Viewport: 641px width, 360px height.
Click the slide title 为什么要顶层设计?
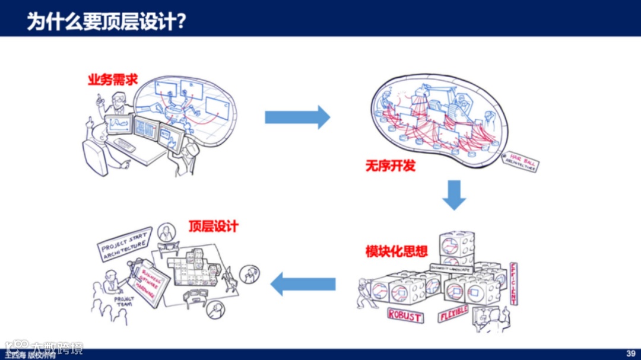point(107,21)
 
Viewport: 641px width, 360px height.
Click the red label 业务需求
point(113,79)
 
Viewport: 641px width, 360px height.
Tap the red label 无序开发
point(390,165)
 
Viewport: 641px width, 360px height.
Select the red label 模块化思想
point(396,251)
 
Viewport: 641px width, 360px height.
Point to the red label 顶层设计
point(213,226)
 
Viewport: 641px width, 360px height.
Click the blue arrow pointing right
point(297,117)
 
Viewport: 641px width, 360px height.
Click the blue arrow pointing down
point(454,195)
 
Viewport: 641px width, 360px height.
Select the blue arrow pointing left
point(303,285)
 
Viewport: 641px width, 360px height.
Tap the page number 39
point(630,353)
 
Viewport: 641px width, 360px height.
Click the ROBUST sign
point(405,315)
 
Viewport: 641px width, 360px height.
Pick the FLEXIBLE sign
point(453,313)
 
